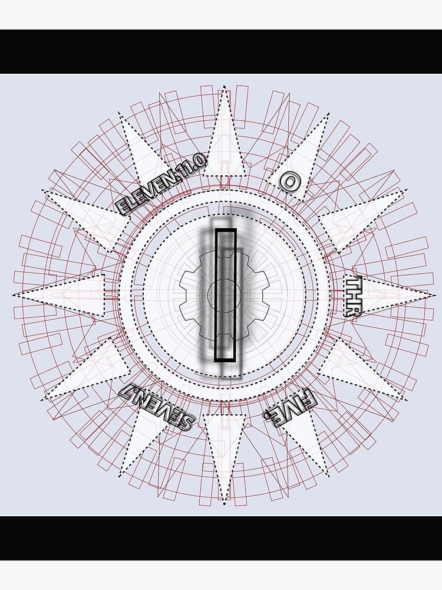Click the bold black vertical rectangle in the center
(225, 295)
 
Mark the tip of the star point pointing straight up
(224, 90)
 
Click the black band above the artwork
(221, 51)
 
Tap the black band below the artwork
(221, 538)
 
